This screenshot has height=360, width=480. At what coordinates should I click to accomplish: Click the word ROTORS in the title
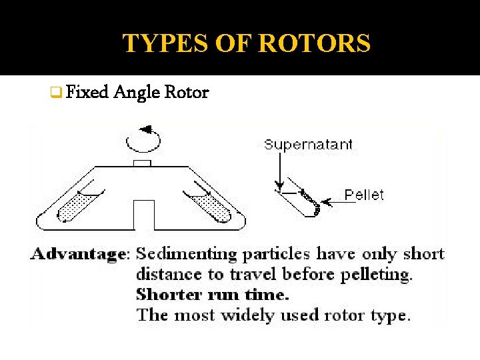pos(314,44)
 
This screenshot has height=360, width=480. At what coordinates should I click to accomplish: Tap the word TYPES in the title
pos(157,44)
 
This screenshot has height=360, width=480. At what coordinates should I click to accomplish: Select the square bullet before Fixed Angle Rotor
pos(56,93)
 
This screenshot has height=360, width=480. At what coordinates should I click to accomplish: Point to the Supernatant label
pos(308,144)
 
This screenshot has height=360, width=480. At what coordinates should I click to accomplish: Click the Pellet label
pos(364,195)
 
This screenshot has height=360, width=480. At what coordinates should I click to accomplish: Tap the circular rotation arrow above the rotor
pos(143,138)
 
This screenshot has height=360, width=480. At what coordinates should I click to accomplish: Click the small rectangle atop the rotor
pos(142,163)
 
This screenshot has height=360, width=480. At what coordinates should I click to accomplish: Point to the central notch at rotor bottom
pos(144,215)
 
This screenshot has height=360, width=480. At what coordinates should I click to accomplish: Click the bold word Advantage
pos(79,254)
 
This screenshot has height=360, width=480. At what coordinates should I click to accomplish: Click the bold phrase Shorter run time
pos(213,294)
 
